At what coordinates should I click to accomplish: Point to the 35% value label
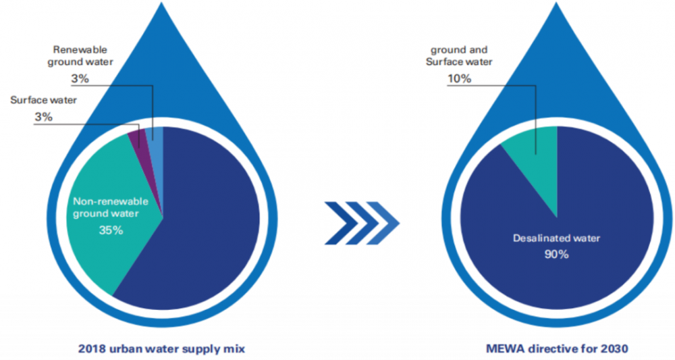pos(108,230)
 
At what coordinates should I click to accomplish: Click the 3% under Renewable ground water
pos(79,79)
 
